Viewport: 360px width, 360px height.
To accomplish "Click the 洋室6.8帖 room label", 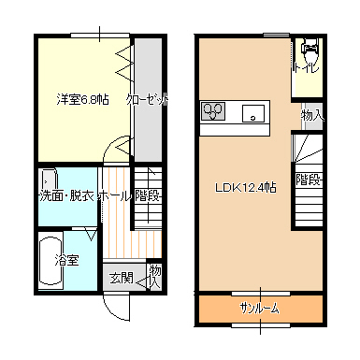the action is (82, 99).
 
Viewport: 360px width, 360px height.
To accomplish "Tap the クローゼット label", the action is (147, 99).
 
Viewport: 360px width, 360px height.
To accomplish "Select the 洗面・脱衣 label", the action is (67, 195).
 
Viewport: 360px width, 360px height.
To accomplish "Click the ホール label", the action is (114, 196).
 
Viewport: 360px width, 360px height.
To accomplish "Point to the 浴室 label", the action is (66, 260).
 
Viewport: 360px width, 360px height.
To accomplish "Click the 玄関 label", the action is (122, 278).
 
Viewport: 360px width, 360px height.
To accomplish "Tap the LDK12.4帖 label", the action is (246, 188).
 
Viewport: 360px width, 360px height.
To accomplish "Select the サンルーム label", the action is (259, 309).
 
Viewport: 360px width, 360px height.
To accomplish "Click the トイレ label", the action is (306, 66).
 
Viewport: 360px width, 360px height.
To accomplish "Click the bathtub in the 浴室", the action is (50, 261).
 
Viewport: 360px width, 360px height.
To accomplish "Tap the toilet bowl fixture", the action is (310, 50).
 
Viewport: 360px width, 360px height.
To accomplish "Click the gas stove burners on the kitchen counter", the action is (213, 111).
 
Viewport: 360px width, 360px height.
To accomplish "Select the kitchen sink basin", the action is (253, 113).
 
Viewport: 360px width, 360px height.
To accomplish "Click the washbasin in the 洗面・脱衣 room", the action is (49, 180).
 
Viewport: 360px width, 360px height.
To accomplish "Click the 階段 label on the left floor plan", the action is (148, 196).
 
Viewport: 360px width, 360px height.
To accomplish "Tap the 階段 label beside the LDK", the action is (309, 180).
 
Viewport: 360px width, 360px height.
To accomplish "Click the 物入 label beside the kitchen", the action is (312, 116).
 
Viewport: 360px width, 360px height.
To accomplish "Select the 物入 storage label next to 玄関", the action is (155, 277).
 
